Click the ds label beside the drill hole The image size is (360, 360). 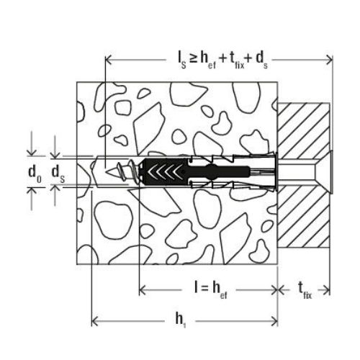click(58, 174)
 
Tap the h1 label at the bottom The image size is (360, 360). click(181, 320)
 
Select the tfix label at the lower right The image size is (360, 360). click(305, 290)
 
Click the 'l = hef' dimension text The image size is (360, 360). click(211, 289)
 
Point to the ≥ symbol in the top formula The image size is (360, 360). click(193, 58)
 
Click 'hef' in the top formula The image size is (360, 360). click(208, 60)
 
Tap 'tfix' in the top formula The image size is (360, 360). click(237, 60)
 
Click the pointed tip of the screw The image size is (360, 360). click(107, 172)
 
